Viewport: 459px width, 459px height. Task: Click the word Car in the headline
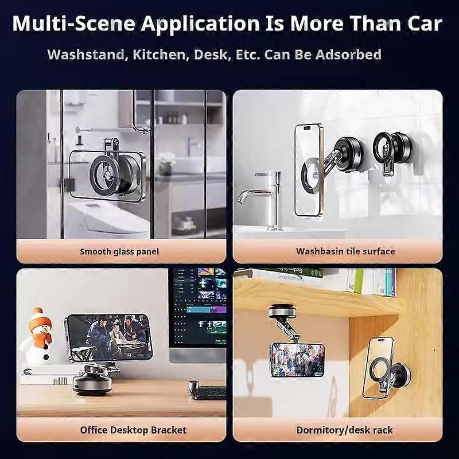[x=418, y=24]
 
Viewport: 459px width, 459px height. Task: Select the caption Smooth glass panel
[x=119, y=251]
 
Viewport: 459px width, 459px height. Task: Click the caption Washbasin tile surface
[x=345, y=251]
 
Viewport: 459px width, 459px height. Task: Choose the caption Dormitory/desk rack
[x=345, y=430]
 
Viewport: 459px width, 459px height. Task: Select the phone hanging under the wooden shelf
[x=297, y=359]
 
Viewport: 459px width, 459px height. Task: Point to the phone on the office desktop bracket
[x=109, y=337]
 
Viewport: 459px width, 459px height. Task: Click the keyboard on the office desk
[x=207, y=392]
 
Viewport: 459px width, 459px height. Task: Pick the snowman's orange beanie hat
[x=37, y=318]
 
